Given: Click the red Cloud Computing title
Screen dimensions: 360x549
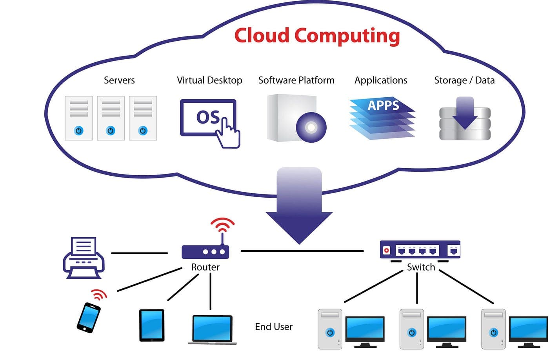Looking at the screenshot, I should pos(317,36).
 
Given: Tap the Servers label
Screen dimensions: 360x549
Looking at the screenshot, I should pos(119,80).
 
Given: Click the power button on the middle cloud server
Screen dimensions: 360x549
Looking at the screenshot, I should pos(111,131).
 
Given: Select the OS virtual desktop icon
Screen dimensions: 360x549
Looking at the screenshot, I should pos(209,118).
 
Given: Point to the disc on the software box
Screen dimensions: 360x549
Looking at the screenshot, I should pos(311,127).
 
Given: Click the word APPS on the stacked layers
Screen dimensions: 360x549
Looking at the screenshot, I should pos(383,105).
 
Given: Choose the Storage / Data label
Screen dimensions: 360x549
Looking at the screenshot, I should pos(464,80).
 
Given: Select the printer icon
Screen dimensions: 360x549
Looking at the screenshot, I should pos(84,258).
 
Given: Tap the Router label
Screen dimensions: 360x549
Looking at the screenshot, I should pos(205,267).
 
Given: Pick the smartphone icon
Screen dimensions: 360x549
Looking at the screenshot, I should pos(89,317).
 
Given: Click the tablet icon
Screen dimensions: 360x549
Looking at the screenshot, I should pos(152,325).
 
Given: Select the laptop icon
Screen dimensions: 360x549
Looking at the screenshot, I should pos(212,329).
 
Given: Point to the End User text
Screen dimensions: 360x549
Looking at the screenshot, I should pos(274,327).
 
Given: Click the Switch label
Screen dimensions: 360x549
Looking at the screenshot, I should pos(421,267).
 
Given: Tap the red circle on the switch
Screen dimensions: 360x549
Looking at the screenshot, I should pos(386,250).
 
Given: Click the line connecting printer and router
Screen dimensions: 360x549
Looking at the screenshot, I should pos(139,253).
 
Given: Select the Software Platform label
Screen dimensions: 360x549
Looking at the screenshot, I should pos(296,80).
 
